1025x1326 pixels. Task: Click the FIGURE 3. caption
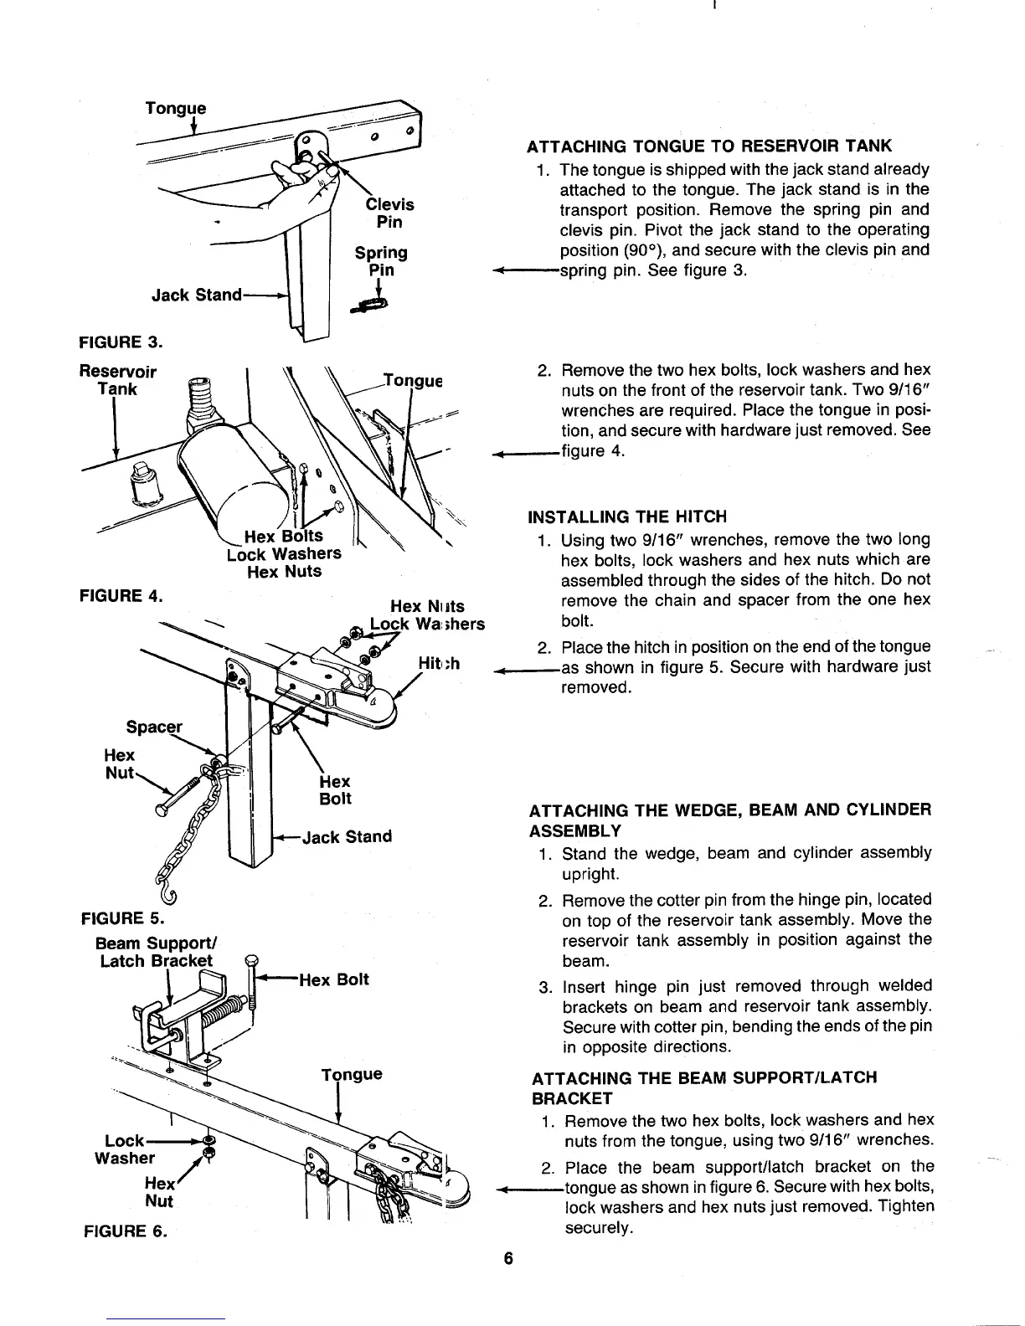click(120, 342)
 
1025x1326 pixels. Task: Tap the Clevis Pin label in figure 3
click(389, 213)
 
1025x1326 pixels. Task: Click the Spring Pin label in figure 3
click(381, 261)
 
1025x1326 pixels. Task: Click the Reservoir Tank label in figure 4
click(117, 380)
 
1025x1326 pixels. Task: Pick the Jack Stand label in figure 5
click(347, 836)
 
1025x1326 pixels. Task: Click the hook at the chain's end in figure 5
click(168, 896)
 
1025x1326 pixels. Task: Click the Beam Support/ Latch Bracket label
click(156, 952)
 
